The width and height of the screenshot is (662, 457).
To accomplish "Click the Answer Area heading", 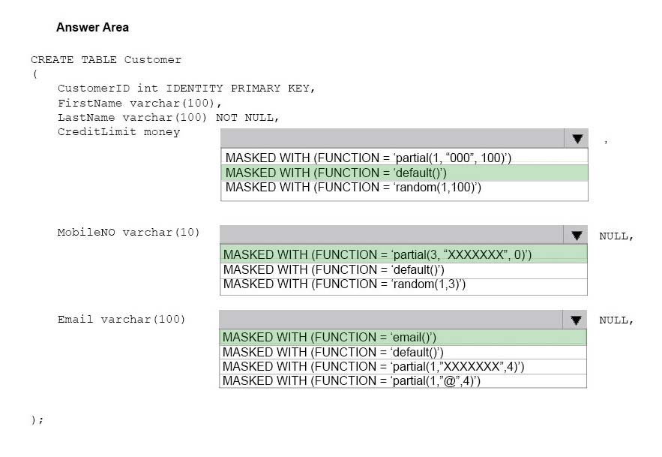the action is pyautogui.click(x=92, y=28).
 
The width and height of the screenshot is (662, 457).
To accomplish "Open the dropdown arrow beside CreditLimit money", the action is pyautogui.click(x=577, y=138).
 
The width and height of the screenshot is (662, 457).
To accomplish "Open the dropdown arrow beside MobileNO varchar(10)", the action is pyautogui.click(x=577, y=235).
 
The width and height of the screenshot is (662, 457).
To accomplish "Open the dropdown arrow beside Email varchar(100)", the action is pyautogui.click(x=576, y=320).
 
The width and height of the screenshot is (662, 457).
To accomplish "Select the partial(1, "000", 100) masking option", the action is pyautogui.click(x=368, y=158).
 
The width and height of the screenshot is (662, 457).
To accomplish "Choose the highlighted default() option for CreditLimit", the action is pyautogui.click(x=336, y=173).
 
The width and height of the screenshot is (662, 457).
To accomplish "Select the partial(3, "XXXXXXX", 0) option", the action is pyautogui.click(x=377, y=254).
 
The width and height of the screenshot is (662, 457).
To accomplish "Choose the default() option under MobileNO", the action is pyautogui.click(x=334, y=269).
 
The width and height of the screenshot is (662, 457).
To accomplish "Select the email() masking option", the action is pyautogui.click(x=329, y=337).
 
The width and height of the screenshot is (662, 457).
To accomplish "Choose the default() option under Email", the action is pyautogui.click(x=333, y=352).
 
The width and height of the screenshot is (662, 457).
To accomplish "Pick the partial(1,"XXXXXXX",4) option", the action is pyautogui.click(x=373, y=366).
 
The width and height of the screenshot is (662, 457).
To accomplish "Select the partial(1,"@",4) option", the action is pyautogui.click(x=352, y=381).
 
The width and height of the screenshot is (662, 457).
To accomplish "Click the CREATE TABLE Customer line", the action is pyautogui.click(x=106, y=59).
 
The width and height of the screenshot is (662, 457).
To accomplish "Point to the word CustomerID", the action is pyautogui.click(x=94, y=89).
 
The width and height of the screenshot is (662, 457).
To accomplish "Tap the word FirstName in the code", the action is pyautogui.click(x=90, y=103).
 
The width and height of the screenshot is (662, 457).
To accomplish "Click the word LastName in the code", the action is pyautogui.click(x=86, y=118).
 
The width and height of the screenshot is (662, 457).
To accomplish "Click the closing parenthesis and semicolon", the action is pyautogui.click(x=37, y=419).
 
